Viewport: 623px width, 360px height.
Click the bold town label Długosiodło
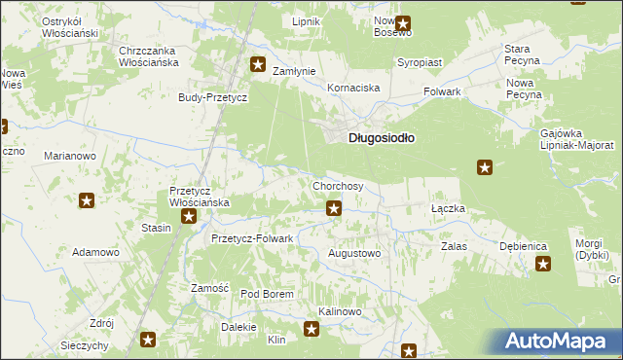382,138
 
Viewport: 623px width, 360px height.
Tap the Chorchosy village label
338,186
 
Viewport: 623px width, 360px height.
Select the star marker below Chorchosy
334,207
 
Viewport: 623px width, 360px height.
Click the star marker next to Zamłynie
258,65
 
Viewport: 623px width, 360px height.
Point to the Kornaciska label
353,88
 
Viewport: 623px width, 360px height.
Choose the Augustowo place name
354,253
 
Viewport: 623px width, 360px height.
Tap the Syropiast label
420,62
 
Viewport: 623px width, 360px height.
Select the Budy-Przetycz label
213,97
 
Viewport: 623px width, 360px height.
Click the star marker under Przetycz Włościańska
189,217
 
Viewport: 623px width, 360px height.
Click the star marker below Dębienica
542,264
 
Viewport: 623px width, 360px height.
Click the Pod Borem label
267,294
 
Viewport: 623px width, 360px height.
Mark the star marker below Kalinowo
311,329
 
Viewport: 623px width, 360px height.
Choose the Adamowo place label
95,252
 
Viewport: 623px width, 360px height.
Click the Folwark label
442,91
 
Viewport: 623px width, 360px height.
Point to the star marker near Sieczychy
148,340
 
